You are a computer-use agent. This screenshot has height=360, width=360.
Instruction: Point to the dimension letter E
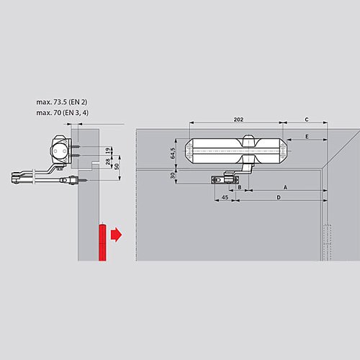[306, 136]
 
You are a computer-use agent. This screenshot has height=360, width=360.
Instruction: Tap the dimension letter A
[285, 186]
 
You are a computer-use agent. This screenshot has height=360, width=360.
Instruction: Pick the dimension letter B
[238, 186]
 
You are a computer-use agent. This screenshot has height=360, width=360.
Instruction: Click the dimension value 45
[225, 197]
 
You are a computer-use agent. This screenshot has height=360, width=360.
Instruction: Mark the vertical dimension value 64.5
[173, 152]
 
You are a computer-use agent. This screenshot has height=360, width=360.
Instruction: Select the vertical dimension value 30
[173, 175]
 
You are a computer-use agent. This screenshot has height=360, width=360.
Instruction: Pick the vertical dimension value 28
[107, 164]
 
